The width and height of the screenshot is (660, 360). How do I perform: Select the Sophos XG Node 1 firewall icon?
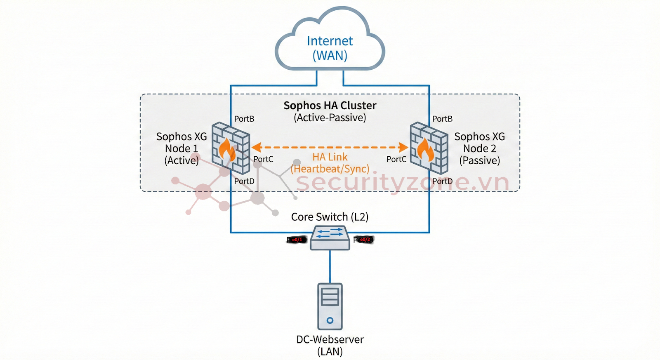pos(231,148)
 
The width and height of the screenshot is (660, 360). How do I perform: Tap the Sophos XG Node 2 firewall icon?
pos(429,148)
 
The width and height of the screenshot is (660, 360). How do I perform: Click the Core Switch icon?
pos(330,238)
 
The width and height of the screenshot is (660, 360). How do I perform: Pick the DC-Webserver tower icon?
pos(330,306)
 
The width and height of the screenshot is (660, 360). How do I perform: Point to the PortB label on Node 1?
pos(244,119)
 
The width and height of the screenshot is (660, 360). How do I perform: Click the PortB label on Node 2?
pos(442,119)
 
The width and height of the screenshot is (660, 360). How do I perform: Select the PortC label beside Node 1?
pos(263,159)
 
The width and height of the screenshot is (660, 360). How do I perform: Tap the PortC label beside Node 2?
pos(396,159)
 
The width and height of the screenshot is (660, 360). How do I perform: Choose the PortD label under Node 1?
pos(244,181)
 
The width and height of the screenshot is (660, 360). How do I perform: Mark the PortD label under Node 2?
pos(442,181)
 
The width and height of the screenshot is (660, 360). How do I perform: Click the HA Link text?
pos(330,157)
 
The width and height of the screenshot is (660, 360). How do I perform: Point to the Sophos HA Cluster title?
pos(330,106)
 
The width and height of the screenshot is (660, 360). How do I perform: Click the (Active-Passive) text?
pos(330,118)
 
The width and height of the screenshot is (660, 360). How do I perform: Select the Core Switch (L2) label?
pos(330,217)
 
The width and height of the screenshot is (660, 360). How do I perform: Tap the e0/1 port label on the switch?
pos(297,240)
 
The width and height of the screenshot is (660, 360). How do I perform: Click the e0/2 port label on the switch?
pos(365,240)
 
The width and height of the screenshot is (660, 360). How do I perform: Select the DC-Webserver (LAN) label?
pos(330,345)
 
